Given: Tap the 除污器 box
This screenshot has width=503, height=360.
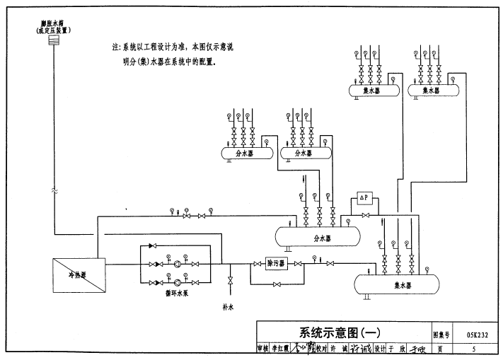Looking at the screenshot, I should [275, 263].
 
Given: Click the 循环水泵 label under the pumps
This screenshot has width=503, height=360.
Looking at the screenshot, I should [172, 291].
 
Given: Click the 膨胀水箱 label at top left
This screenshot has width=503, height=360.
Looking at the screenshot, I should [51, 25].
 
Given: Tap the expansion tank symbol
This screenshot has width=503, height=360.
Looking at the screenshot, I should [52, 40].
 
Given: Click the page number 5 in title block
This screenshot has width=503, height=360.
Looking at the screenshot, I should [474, 349].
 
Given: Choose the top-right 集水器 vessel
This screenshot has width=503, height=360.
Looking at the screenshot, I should [432, 91].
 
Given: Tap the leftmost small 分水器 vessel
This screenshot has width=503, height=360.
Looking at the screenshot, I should [247, 153].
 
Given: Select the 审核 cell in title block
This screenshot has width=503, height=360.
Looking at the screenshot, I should [264, 349].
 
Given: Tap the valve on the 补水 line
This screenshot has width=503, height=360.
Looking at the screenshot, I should [229, 281].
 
